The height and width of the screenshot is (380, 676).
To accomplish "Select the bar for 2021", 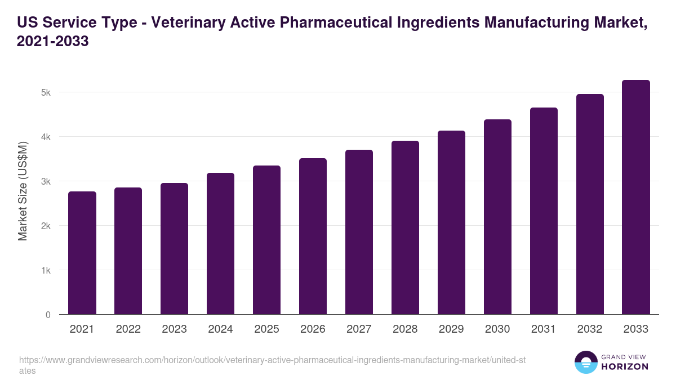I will coord(82,253).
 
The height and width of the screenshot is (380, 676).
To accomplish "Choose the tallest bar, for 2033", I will coord(636,198).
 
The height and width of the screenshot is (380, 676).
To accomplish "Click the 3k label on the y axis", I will coord(46,181).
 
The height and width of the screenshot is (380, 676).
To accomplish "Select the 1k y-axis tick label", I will coord(46,270).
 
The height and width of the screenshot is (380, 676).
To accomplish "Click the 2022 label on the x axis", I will coord(128,329).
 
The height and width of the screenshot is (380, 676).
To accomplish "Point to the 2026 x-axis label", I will coord(313,329).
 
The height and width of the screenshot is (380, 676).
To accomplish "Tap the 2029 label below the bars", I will coord(451,329).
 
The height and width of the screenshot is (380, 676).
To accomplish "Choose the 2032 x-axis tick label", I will coord(590,329).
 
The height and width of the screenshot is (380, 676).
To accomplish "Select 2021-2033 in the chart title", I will coord(53,42).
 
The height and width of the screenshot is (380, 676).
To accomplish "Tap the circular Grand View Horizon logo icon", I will coord(586,362).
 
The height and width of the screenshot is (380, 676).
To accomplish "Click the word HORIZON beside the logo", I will coord(625,366).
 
